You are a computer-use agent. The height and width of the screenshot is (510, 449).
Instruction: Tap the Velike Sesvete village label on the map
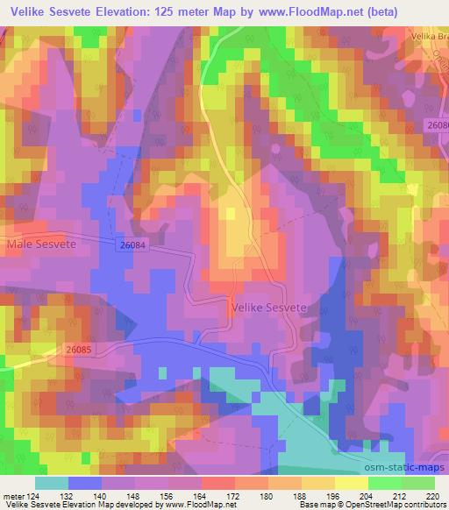click(268, 308)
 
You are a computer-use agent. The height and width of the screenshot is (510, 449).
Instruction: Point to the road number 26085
click(78, 349)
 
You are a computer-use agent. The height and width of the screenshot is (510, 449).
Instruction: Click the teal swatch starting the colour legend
click(52, 483)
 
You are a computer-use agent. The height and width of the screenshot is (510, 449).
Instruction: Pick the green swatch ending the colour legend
click(417, 483)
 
